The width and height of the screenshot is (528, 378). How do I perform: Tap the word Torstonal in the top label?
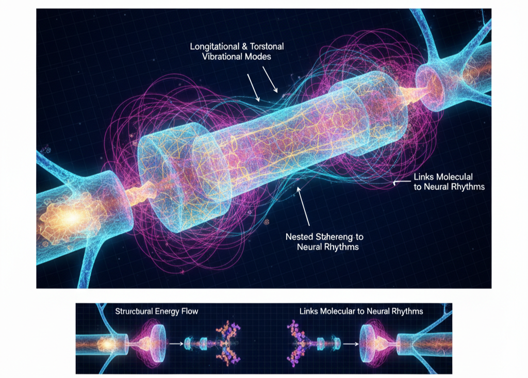265,46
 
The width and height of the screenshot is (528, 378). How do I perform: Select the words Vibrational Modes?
237,57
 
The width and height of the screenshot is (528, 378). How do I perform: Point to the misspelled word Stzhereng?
336,237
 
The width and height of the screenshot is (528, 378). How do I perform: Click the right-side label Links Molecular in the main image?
443,177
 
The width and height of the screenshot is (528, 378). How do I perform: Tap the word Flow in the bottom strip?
188,311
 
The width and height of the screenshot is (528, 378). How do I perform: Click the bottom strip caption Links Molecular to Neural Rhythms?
361,311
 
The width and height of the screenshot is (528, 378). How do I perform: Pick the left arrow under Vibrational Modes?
253,86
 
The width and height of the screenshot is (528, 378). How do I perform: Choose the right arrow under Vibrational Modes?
271,79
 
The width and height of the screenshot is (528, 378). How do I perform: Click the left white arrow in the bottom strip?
177,342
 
